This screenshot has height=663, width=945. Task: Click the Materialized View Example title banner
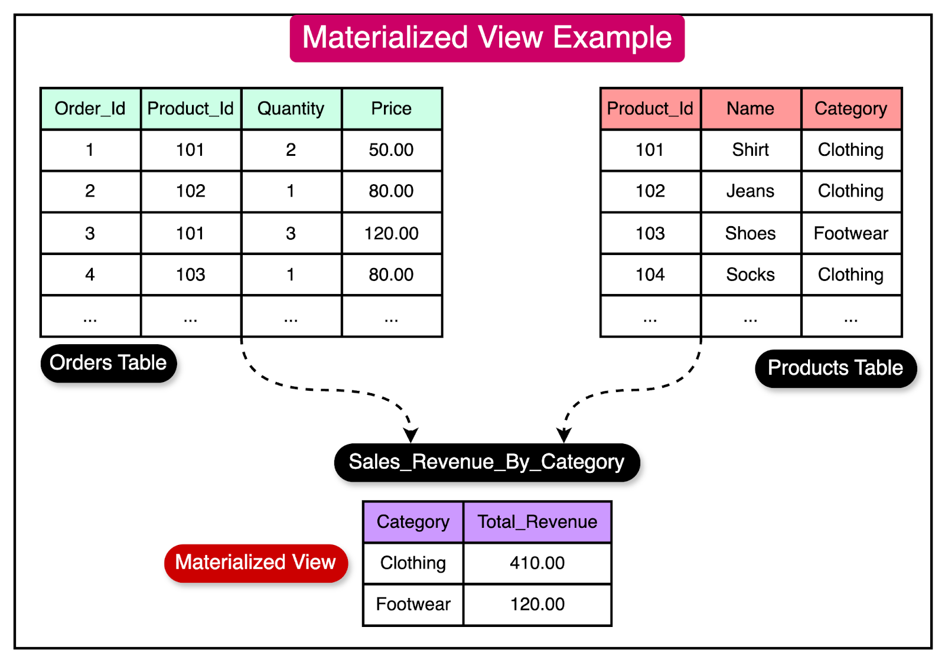tap(487, 38)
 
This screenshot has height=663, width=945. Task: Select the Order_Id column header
tap(90, 109)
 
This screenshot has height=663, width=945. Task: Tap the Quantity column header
tap(291, 109)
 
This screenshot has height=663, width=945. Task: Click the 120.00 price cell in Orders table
tap(392, 233)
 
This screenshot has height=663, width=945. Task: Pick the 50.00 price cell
tap(392, 150)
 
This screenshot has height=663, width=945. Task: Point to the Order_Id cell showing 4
tap(90, 275)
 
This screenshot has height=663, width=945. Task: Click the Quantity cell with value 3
tap(291, 233)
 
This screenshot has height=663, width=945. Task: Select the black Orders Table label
tap(108, 363)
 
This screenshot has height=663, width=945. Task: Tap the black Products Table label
tap(835, 368)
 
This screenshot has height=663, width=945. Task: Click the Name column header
tap(751, 109)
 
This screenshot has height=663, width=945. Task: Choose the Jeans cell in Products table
tap(751, 191)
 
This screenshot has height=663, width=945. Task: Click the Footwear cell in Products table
tap(851, 233)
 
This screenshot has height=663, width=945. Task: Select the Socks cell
tap(751, 275)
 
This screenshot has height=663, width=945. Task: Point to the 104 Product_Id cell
tap(650, 275)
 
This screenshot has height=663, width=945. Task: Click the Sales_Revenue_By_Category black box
tap(487, 462)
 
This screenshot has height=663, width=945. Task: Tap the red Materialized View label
tap(256, 563)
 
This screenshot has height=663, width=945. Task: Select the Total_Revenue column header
tap(537, 522)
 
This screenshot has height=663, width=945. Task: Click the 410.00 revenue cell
tap(537, 563)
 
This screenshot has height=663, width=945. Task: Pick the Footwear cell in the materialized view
tap(413, 605)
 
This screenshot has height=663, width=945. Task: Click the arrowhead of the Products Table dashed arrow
tap(564, 436)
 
